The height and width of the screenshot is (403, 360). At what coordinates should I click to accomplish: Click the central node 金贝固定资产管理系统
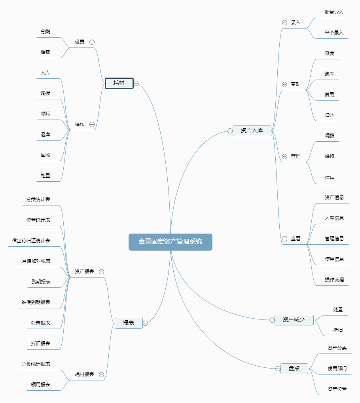click(170, 241)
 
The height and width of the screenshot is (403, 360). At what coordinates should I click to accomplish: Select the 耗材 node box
click(119, 83)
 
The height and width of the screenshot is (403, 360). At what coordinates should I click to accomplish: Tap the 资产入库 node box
click(252, 130)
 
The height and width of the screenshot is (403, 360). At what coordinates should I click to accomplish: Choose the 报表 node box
click(129, 323)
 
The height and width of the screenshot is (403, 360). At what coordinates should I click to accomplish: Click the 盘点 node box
click(294, 369)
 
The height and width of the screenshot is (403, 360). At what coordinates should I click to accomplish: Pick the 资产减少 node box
click(294, 319)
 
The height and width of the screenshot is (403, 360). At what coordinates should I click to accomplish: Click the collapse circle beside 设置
click(92, 42)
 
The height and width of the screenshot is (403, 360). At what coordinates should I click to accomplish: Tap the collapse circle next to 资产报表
click(101, 272)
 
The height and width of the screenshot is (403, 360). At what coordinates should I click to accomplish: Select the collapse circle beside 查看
click(284, 239)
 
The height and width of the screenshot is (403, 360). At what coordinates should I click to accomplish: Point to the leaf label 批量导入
click(334, 12)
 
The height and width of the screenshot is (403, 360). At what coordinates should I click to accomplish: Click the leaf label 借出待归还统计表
click(31, 240)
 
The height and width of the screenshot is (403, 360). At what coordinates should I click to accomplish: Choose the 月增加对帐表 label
click(36, 261)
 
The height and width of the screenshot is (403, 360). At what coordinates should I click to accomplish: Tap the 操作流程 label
click(334, 279)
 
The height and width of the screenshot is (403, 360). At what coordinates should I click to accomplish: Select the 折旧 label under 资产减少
click(338, 330)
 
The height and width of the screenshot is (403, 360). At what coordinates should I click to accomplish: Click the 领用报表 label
click(41, 384)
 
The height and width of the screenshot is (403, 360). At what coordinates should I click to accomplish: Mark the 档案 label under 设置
click(45, 52)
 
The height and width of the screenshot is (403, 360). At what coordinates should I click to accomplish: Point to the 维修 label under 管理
click(330, 156)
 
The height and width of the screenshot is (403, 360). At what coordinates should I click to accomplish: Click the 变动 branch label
click(296, 84)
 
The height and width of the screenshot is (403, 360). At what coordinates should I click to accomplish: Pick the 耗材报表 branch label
click(84, 374)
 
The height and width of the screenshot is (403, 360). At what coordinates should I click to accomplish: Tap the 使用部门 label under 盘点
click(337, 368)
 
